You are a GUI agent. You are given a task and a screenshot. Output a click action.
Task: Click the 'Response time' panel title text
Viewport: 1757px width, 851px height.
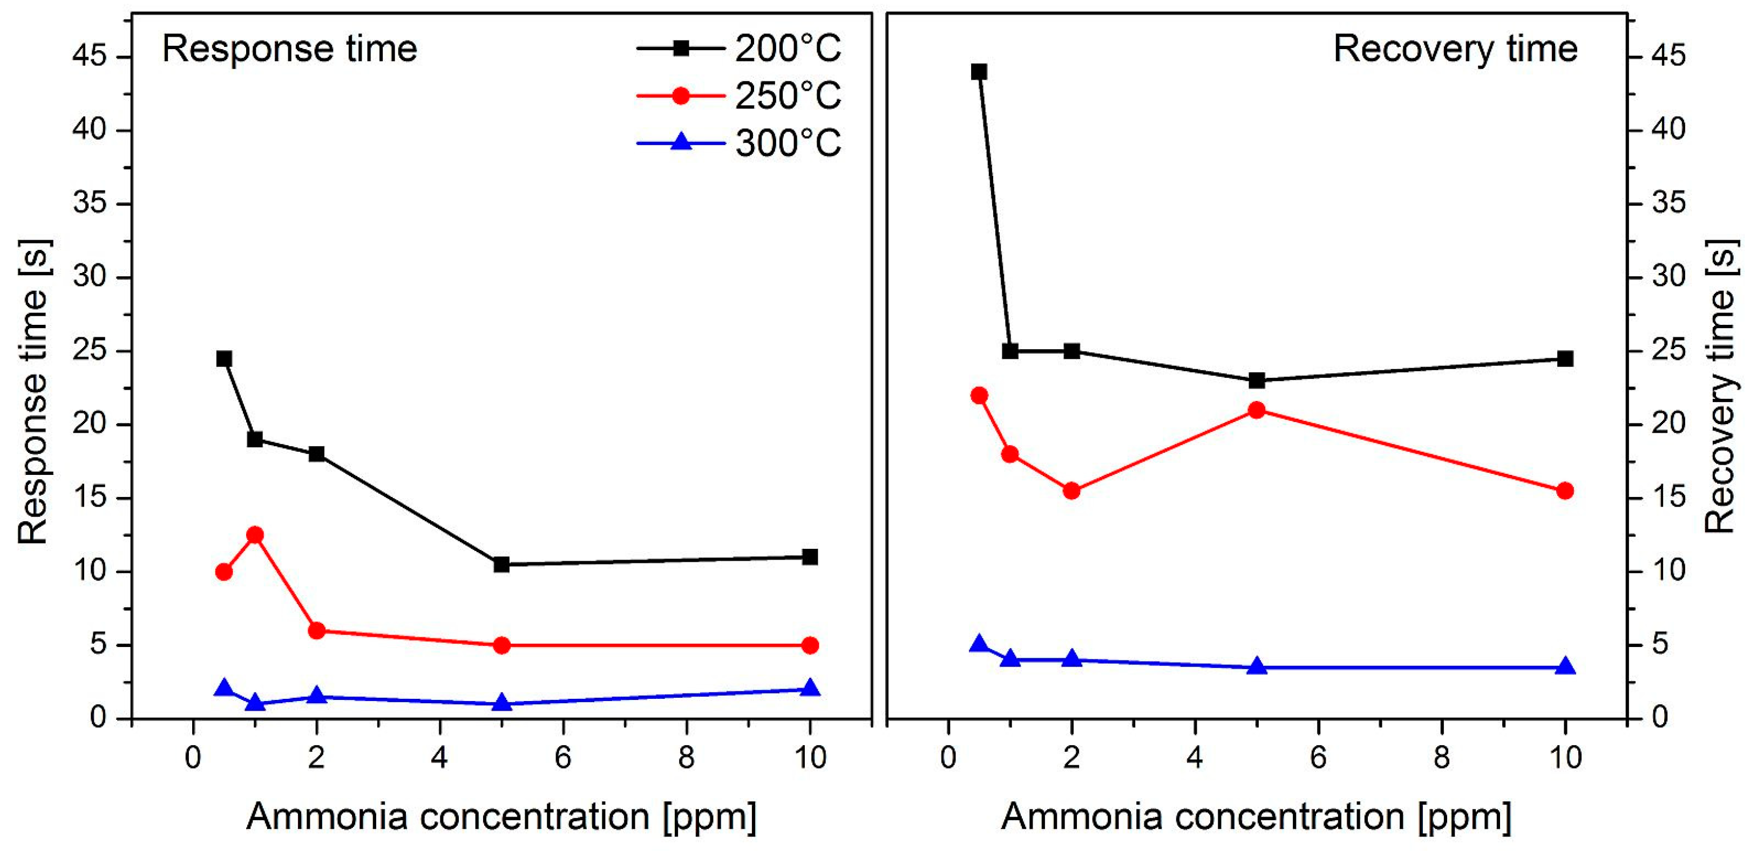click(289, 49)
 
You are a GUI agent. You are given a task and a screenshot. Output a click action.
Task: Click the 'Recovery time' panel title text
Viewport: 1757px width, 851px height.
click(1455, 49)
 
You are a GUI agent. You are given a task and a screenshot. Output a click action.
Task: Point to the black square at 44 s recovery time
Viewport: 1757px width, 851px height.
click(979, 72)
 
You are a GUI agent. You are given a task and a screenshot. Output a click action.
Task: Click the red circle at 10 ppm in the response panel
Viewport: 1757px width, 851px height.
click(810, 645)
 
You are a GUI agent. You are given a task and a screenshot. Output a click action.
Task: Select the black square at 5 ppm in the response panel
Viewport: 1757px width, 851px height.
click(501, 564)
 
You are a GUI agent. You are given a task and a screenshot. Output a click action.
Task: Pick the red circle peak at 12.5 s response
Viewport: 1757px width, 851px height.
click(255, 535)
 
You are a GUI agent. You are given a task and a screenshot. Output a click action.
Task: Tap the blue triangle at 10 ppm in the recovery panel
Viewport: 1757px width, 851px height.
click(1565, 667)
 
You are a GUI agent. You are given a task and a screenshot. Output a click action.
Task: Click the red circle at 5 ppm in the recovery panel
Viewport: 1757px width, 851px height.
click(1257, 410)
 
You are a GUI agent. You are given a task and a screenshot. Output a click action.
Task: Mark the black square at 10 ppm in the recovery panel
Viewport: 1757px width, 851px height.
click(1565, 359)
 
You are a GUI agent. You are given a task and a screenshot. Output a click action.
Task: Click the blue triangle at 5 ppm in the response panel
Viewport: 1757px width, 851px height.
click(501, 703)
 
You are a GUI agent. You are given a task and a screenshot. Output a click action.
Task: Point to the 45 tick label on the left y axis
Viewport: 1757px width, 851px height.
click(90, 57)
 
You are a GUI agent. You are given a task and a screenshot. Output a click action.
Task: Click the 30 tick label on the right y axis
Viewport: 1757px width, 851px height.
click(1668, 276)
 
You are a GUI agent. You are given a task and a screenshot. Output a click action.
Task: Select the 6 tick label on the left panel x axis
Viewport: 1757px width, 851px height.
click(562, 758)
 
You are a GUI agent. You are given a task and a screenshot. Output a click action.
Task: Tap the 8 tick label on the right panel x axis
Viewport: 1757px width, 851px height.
click(1441, 758)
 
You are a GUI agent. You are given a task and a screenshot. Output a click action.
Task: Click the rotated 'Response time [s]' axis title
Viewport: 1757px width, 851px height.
click(33, 392)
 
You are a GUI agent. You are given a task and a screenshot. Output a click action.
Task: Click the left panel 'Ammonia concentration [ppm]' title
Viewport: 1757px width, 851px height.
click(501, 816)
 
